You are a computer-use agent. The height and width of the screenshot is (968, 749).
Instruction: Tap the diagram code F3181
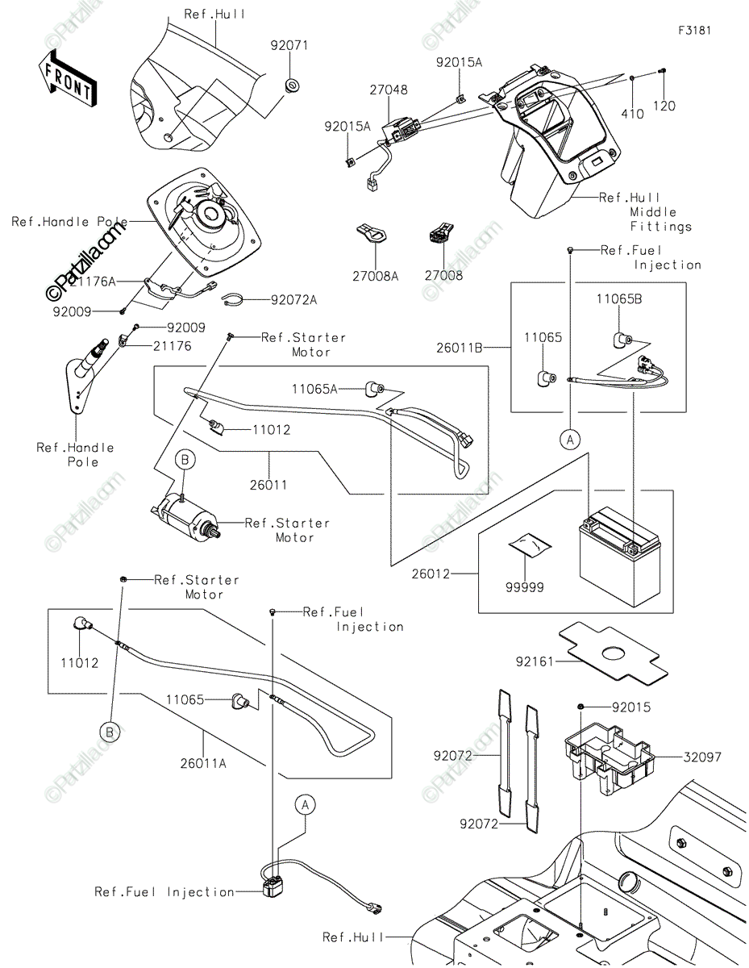pos(694,31)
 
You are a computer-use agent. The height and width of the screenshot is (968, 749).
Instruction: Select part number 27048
pos(388,91)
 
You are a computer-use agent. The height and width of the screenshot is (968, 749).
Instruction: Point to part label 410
pos(632,115)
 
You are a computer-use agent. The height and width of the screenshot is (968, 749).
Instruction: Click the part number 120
pos(664,106)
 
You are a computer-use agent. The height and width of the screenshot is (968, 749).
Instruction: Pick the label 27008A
pos(375,275)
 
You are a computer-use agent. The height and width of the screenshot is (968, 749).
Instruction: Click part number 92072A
pos(293,300)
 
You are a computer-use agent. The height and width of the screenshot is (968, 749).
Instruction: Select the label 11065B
pos(619,298)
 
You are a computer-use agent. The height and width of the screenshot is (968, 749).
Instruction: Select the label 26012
pos(430,574)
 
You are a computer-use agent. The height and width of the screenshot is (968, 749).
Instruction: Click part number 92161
pos(536,661)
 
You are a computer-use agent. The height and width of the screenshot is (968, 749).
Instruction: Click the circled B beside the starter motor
pos(185,460)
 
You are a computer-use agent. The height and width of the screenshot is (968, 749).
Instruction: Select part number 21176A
pos(93,281)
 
